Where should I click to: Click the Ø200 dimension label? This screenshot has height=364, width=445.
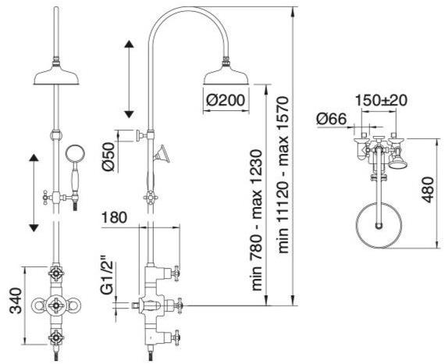(x=226, y=100)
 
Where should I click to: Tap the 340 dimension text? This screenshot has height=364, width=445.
(x=16, y=301)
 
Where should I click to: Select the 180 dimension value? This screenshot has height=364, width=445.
(x=114, y=218)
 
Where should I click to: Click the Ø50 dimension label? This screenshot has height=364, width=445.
(x=108, y=156)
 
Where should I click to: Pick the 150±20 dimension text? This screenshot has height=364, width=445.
(x=381, y=100)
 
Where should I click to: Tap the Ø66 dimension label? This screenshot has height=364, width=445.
(x=332, y=119)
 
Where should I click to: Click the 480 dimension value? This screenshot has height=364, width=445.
(x=428, y=190)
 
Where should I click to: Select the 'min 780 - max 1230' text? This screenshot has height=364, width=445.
(x=257, y=220)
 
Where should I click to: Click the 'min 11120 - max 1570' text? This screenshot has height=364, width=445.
(x=283, y=175)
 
